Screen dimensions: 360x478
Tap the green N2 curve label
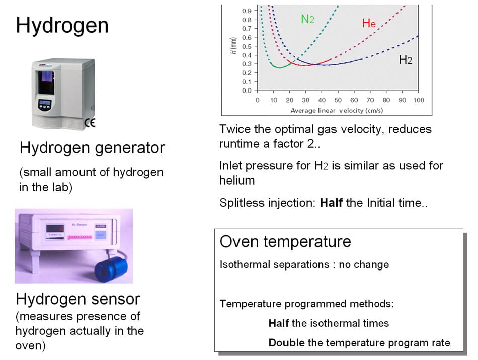pyautogui.click(x=307, y=19)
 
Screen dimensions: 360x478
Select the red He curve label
pyautogui.click(x=368, y=23)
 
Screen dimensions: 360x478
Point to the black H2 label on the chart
pyautogui.click(x=405, y=60)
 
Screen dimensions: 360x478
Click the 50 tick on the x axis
pyautogui.click(x=338, y=100)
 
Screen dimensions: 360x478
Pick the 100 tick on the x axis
pyautogui.click(x=418, y=100)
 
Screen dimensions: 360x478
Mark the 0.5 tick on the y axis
pyautogui.click(x=247, y=46)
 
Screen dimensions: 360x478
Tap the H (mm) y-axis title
pyautogui.click(x=232, y=46)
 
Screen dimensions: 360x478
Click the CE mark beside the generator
pyautogui.click(x=94, y=122)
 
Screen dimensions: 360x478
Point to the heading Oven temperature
pyautogui.click(x=285, y=242)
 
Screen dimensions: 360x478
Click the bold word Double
pyautogui.click(x=286, y=343)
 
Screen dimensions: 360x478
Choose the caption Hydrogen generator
pyautogui.click(x=92, y=148)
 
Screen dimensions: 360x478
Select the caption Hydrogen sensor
pyautogui.click(x=78, y=299)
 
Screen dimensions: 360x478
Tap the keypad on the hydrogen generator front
pyautogui.click(x=45, y=105)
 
